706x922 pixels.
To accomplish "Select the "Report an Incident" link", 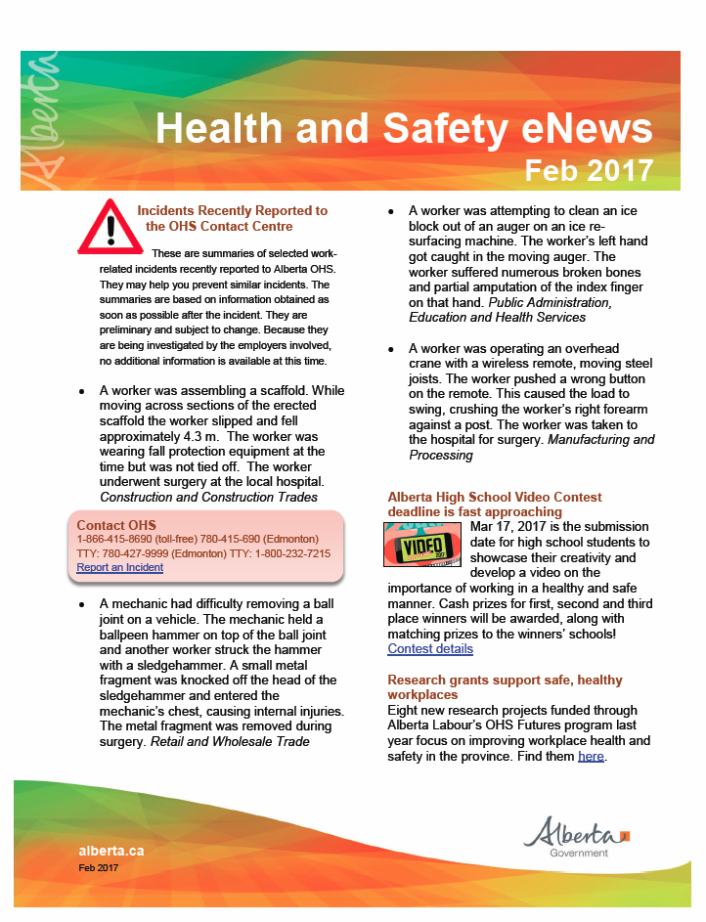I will pyautogui.click(x=119, y=567).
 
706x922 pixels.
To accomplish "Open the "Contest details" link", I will pyautogui.click(x=430, y=648).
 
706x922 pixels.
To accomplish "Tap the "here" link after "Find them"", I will pyautogui.click(x=591, y=756).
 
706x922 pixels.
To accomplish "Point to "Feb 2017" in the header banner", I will pyautogui.click(x=588, y=170).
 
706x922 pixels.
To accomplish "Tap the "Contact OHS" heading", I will pyautogui.click(x=116, y=525).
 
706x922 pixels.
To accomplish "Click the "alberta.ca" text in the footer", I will pyautogui.click(x=110, y=850).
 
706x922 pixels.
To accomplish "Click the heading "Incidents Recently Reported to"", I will pyautogui.click(x=232, y=210).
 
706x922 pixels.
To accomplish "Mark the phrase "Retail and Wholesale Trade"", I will pyautogui.click(x=230, y=741).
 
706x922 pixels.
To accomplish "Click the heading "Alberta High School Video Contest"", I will pyautogui.click(x=494, y=498).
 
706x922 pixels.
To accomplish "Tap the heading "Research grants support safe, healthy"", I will pyautogui.click(x=505, y=680).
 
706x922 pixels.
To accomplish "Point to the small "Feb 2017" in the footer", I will pyautogui.click(x=98, y=867).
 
